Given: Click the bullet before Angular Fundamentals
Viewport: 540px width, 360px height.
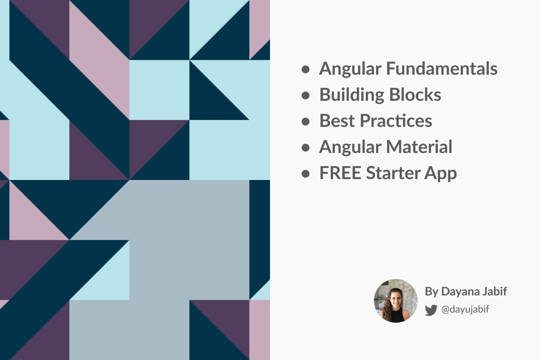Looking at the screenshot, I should (x=306, y=69).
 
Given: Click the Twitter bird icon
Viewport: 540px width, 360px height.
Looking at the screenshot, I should (x=431, y=310).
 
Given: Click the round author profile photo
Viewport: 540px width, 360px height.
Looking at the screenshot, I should (x=396, y=301).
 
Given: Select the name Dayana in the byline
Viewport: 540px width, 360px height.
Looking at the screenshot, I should (x=457, y=292).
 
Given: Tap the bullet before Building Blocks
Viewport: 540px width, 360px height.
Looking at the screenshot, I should (x=306, y=95).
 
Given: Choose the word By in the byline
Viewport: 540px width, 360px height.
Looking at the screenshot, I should (x=431, y=292).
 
